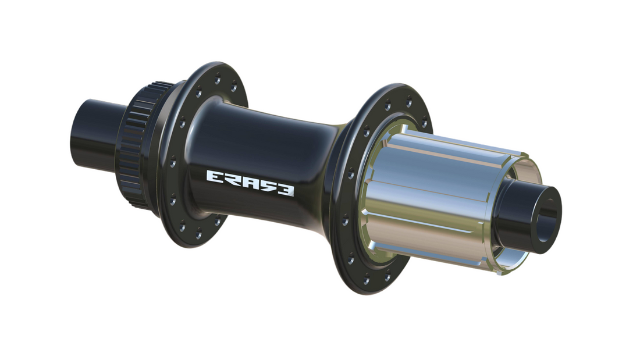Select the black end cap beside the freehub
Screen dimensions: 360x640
tap(527, 212)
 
